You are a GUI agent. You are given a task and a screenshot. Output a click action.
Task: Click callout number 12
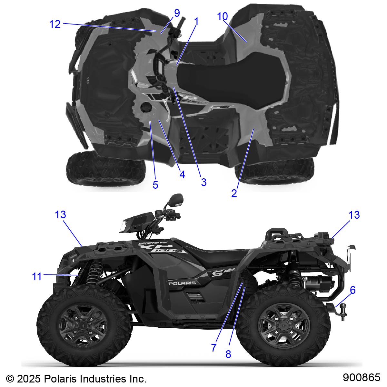tap(55, 24)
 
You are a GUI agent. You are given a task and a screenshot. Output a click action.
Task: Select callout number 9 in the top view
tap(177, 13)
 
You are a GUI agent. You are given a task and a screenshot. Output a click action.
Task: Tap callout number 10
tap(223, 16)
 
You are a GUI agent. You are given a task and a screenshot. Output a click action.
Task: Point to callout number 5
tap(155, 185)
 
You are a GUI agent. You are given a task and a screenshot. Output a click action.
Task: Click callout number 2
tap(234, 193)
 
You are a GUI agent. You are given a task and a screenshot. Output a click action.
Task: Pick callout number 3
tap(203, 182)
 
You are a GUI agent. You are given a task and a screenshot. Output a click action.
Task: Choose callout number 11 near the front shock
tap(37, 276)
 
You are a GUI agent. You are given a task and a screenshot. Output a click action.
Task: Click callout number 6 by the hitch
tap(352, 290)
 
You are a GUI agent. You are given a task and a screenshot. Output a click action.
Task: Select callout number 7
tap(213, 347)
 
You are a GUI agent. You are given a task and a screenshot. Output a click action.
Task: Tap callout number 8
tap(228, 354)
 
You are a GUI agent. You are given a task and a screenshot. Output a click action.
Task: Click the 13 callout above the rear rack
tap(354, 215)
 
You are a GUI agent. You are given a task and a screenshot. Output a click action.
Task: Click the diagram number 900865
tap(362, 377)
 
